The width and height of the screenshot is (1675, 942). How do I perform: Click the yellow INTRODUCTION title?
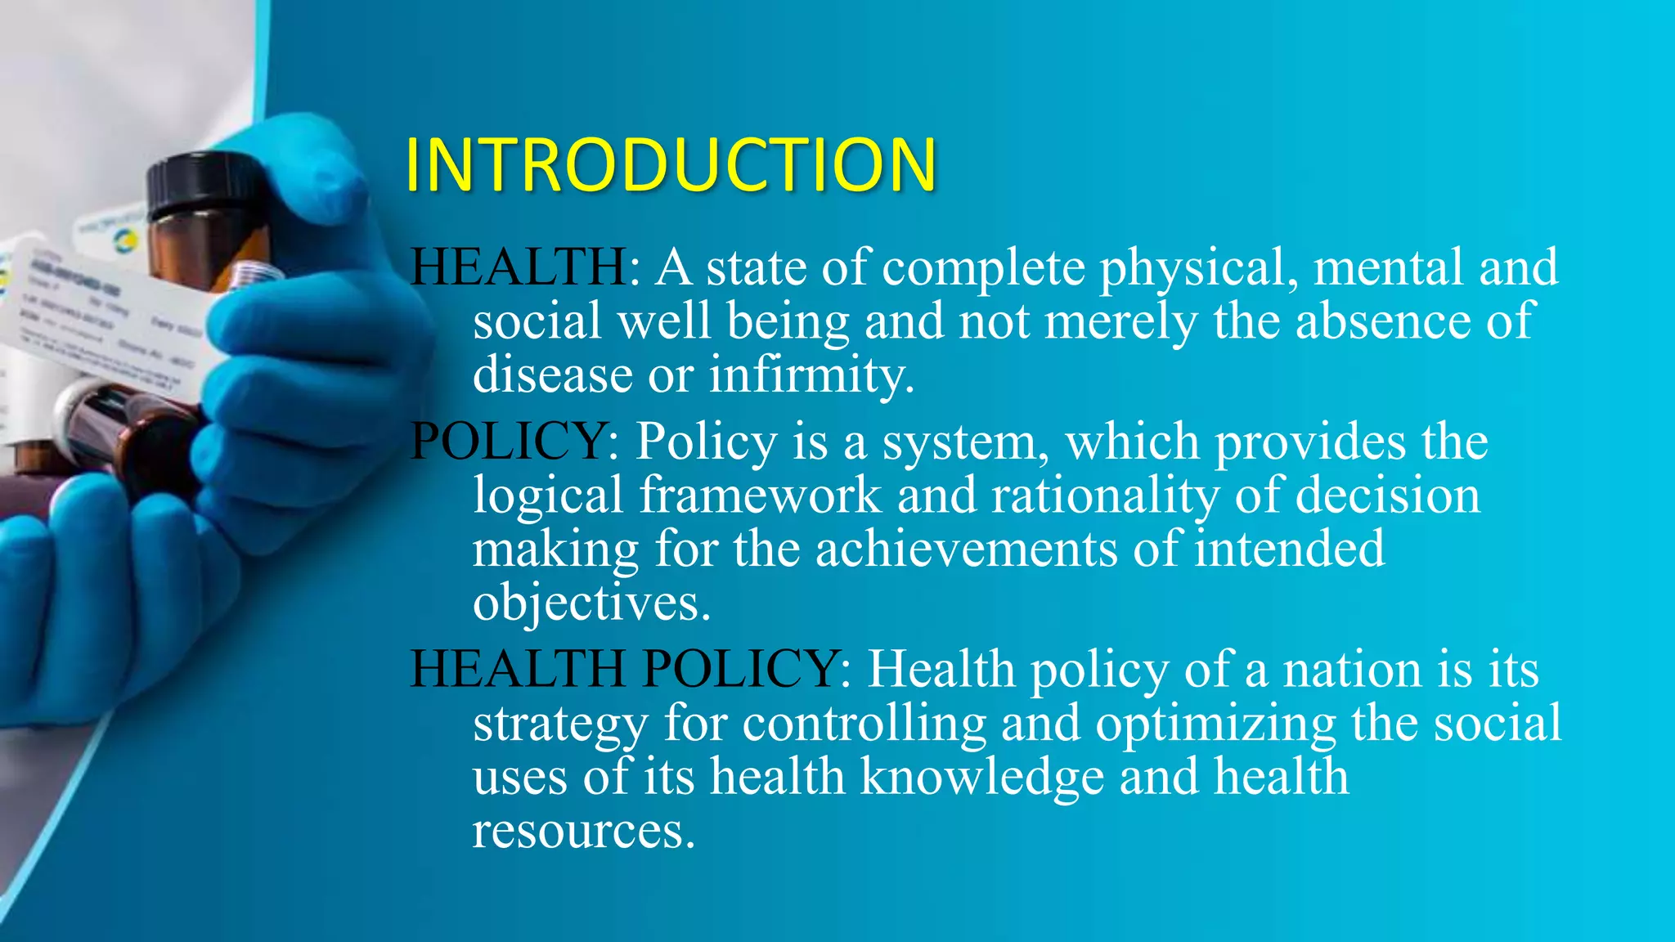click(671, 165)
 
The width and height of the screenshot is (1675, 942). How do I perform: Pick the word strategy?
click(560, 724)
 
